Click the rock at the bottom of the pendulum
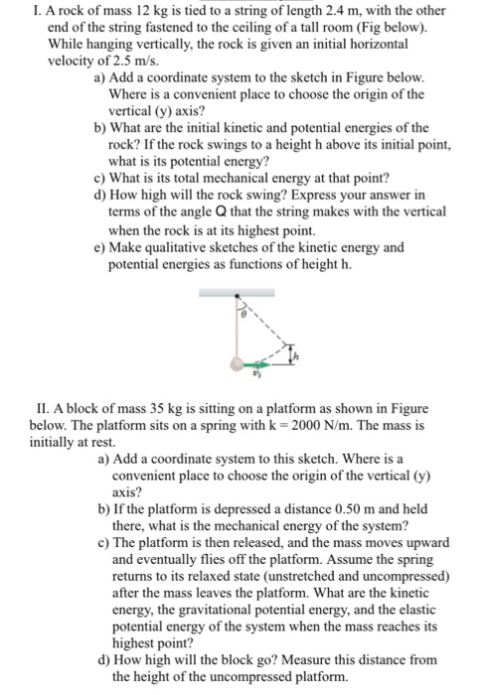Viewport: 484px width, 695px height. click(236, 363)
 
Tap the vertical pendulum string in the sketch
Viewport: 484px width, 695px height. click(237, 328)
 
